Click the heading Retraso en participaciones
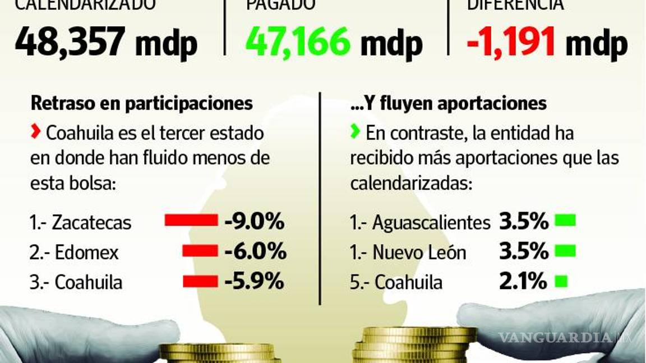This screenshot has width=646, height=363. pyautogui.click(x=141, y=103)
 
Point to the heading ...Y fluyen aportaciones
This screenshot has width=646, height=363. pyautogui.click(x=447, y=103)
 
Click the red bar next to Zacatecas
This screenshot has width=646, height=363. pyautogui.click(x=191, y=220)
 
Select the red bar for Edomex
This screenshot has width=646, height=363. pyautogui.click(x=200, y=251)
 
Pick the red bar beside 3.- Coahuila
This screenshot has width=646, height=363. pyautogui.click(x=200, y=281)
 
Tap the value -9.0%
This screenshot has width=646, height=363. pyautogui.click(x=254, y=222)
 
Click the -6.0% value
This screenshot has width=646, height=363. pyautogui.click(x=255, y=252)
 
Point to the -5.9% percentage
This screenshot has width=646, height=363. pyautogui.click(x=254, y=282)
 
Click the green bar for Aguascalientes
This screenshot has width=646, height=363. pyautogui.click(x=565, y=221)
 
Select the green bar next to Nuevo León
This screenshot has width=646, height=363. pyautogui.click(x=565, y=252)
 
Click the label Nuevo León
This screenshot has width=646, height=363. pyautogui.click(x=419, y=253)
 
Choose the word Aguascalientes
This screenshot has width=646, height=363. pyautogui.click(x=431, y=222)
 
